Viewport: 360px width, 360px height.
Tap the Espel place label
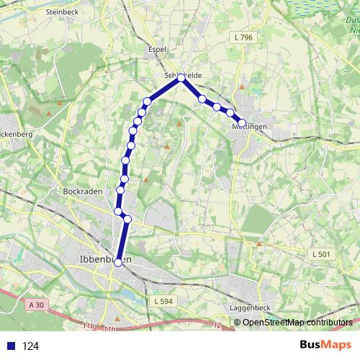tap(157, 50)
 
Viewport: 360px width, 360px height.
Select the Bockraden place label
tap(79, 192)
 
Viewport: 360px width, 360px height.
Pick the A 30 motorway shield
tap(37, 305)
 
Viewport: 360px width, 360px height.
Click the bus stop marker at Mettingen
tap(242, 123)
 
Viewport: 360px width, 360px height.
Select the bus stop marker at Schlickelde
tap(181, 78)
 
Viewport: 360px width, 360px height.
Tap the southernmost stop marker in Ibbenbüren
tap(118, 263)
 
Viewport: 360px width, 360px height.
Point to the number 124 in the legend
tap(31, 346)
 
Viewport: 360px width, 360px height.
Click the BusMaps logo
tap(325, 345)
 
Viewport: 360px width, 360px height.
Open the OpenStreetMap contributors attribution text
tap(297, 322)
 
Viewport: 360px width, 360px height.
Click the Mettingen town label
tap(250, 127)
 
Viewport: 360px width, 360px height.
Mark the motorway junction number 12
tap(217, 325)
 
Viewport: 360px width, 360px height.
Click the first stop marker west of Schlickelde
tap(148, 101)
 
